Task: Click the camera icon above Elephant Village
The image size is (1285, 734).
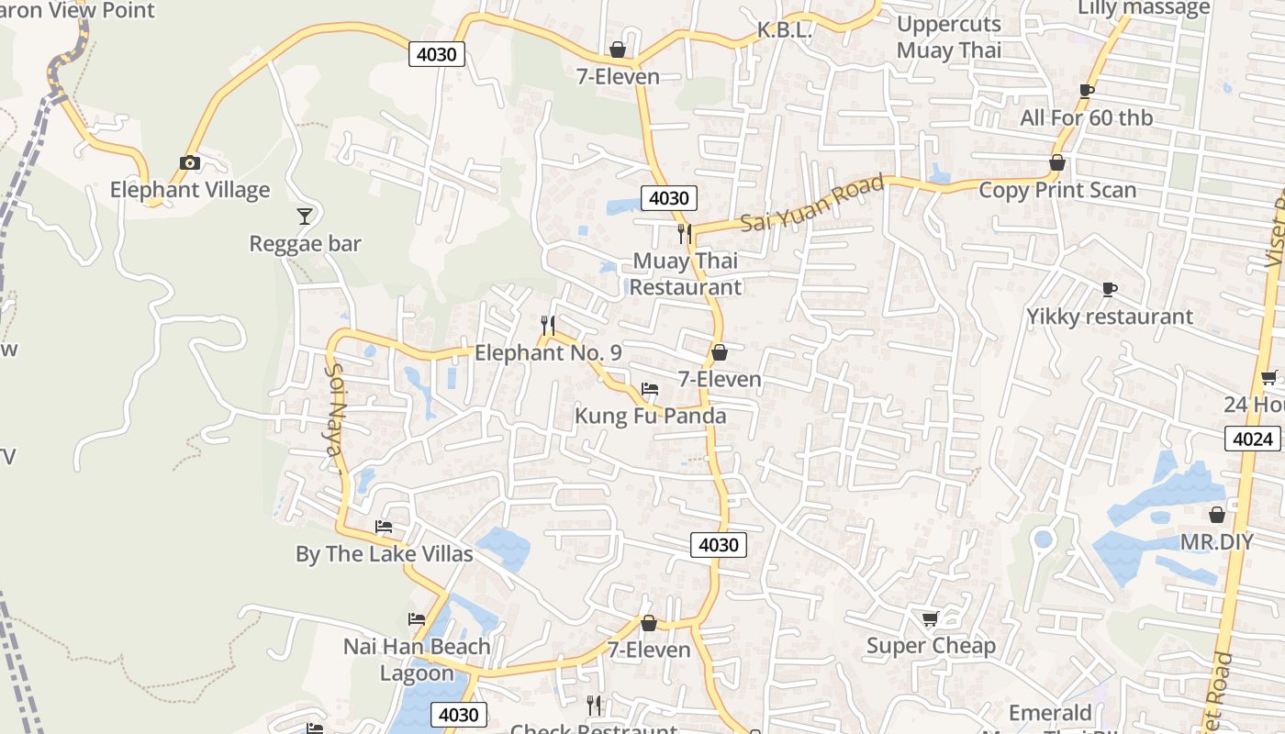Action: point(190,163)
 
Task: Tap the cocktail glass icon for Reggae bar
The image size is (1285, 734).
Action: point(305,216)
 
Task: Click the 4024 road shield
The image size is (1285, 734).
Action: point(1253,439)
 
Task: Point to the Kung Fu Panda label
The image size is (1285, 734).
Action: point(650,416)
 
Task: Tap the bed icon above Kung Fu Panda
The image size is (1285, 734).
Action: point(650,389)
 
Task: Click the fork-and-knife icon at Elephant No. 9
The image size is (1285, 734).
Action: point(548,326)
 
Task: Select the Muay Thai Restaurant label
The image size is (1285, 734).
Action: point(686,274)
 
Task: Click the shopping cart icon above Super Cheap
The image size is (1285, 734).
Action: point(930,619)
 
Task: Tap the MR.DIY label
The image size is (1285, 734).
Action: point(1216,541)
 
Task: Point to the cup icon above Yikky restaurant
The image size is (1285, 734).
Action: point(1109,290)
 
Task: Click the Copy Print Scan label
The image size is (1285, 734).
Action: point(1057,190)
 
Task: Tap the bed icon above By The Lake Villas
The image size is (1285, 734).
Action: point(384,527)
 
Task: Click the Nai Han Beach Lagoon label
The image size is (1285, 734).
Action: point(417,660)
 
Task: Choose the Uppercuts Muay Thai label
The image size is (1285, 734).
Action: point(949,37)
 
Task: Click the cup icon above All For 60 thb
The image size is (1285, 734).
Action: point(1087,91)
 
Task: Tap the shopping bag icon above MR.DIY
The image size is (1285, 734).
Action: point(1216,515)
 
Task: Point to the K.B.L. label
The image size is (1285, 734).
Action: point(785,30)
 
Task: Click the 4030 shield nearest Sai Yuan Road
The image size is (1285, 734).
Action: point(669,198)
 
